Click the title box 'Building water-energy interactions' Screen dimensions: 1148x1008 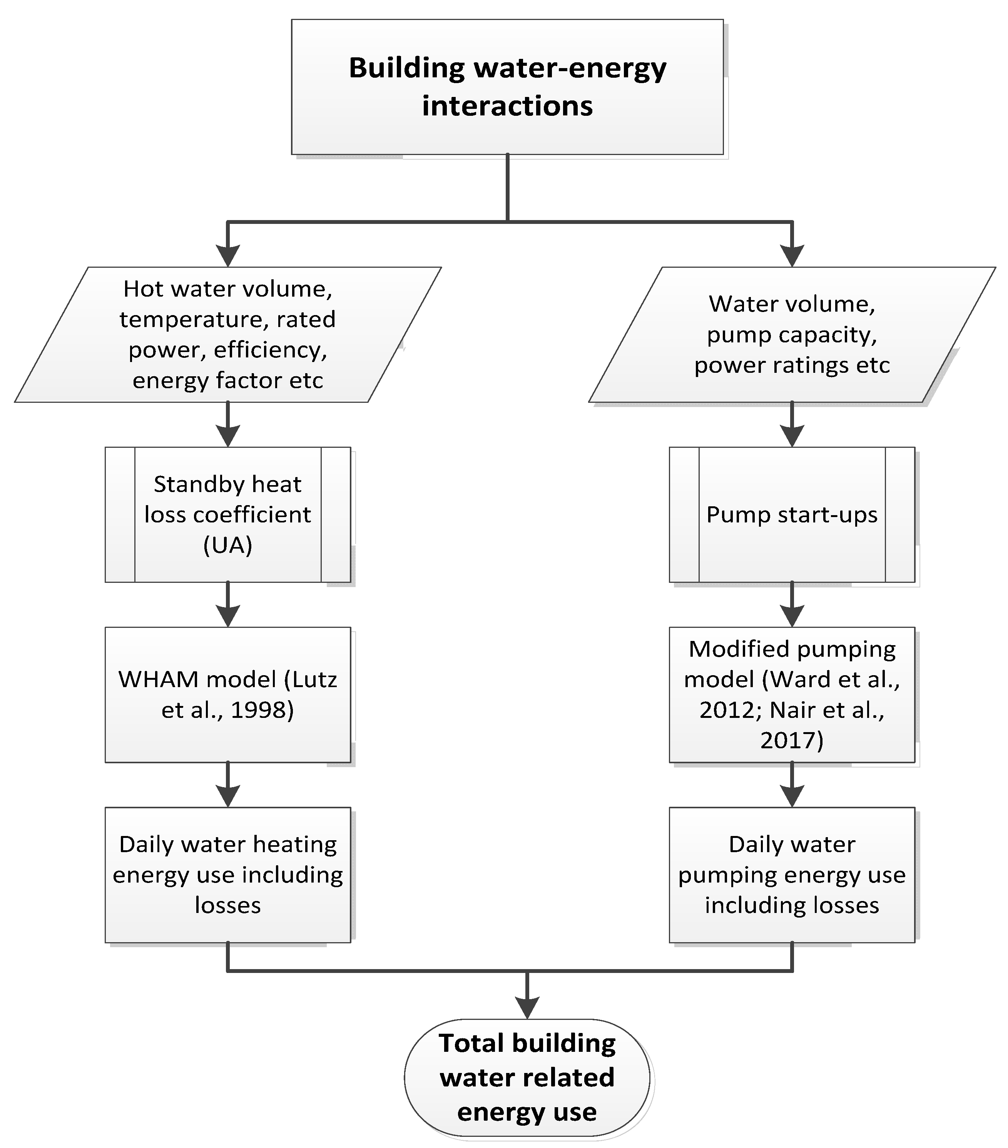click(x=507, y=87)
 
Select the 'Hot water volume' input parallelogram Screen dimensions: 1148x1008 click(x=227, y=334)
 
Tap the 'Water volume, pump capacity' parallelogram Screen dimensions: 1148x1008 click(x=792, y=334)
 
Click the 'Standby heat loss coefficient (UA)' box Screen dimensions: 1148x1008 click(x=227, y=514)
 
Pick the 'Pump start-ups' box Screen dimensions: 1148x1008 click(x=792, y=514)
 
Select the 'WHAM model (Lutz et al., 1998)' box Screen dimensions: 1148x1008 click(x=227, y=695)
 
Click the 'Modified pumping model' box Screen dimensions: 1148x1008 click(x=792, y=695)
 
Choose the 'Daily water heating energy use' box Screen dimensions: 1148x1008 click(x=227, y=874)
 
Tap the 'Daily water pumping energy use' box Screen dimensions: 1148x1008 click(x=792, y=874)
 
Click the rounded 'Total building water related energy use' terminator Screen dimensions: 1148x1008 click(x=527, y=1077)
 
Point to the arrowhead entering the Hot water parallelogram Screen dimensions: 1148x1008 click(x=227, y=255)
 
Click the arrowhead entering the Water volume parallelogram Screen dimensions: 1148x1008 click(x=792, y=255)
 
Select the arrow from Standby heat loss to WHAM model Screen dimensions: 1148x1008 click(x=227, y=606)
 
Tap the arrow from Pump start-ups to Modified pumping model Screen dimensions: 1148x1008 click(x=792, y=606)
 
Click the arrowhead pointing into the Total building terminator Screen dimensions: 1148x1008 click(x=527, y=1008)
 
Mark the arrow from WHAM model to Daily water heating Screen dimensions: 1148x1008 click(x=227, y=785)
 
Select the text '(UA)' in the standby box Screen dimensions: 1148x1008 click(x=227, y=545)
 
